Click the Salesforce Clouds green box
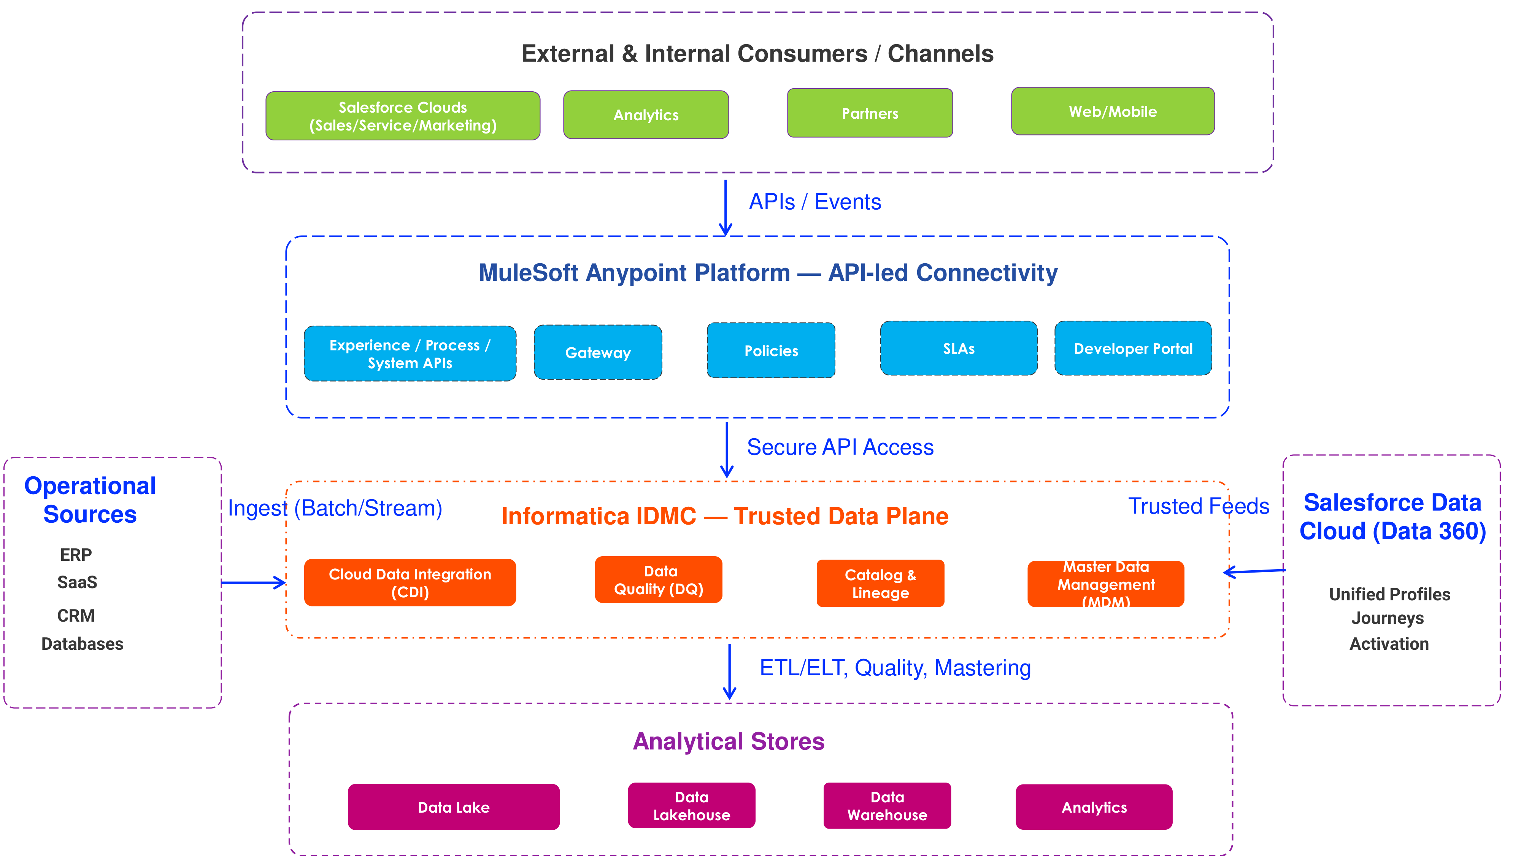coord(403,116)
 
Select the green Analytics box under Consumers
coord(646,115)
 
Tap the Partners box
coord(870,113)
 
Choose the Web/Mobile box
coord(1112,111)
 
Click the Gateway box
coord(597,352)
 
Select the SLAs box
coord(958,348)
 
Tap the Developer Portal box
coord(1132,348)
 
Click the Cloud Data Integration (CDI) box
coord(410,582)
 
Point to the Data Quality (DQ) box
coord(658,579)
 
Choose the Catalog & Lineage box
coord(880,583)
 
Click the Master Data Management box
coord(1105,584)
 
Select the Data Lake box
coord(454,807)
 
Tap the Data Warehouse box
coord(887,806)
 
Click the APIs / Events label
coord(815,202)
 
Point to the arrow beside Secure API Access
coord(727,449)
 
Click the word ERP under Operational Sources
coord(76,555)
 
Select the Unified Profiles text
coord(1389,594)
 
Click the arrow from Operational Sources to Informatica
coord(253,582)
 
